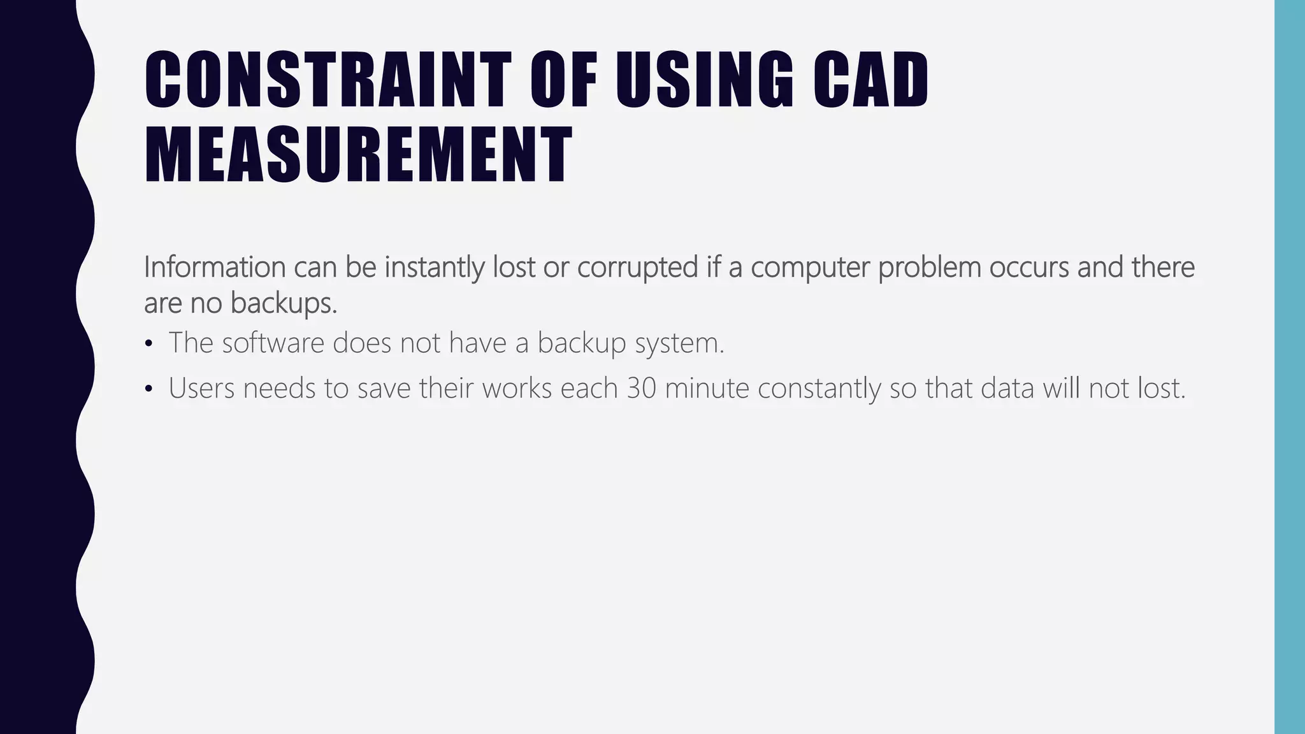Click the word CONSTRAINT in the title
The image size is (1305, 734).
click(328, 80)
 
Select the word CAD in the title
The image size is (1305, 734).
click(870, 80)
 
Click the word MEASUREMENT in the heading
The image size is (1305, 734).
click(358, 155)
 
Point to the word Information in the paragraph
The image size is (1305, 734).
click(214, 267)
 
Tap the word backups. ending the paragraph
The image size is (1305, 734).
click(284, 303)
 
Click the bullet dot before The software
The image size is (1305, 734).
click(148, 345)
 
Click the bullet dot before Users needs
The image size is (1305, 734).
click(148, 389)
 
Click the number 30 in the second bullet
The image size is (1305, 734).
click(641, 389)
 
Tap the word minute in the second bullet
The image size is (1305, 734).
click(707, 389)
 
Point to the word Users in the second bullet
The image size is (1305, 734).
click(201, 389)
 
